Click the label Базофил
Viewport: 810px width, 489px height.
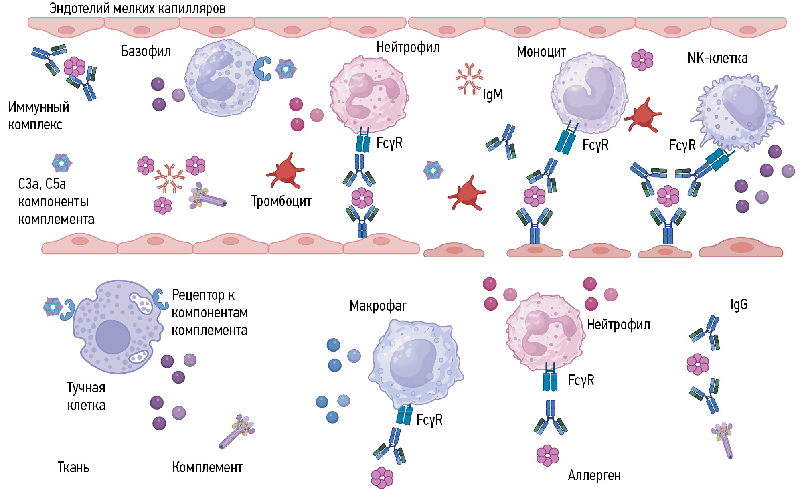[146, 51]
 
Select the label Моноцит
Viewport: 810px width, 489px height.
[541, 52]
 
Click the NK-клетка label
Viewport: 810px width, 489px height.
[717, 58]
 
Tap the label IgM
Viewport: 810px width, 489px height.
[492, 95]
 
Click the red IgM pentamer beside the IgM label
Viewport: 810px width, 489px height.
[469, 79]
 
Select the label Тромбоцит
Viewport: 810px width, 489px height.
[281, 201]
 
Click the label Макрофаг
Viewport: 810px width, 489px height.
[378, 306]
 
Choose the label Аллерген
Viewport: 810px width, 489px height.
[594, 475]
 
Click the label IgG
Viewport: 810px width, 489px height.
[739, 305]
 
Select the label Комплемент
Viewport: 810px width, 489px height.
[207, 467]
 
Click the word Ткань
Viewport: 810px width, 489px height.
[73, 467]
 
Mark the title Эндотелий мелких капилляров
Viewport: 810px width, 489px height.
[137, 8]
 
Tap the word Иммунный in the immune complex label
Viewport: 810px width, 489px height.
[38, 107]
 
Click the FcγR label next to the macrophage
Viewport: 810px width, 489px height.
[429, 420]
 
